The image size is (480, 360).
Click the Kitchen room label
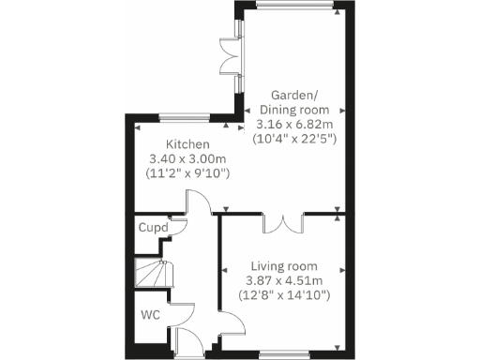187,145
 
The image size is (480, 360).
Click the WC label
150,315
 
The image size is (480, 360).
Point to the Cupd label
153,228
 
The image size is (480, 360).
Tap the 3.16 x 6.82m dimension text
296,124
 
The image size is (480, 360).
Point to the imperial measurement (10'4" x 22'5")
296,139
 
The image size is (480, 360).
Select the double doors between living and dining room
283,223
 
